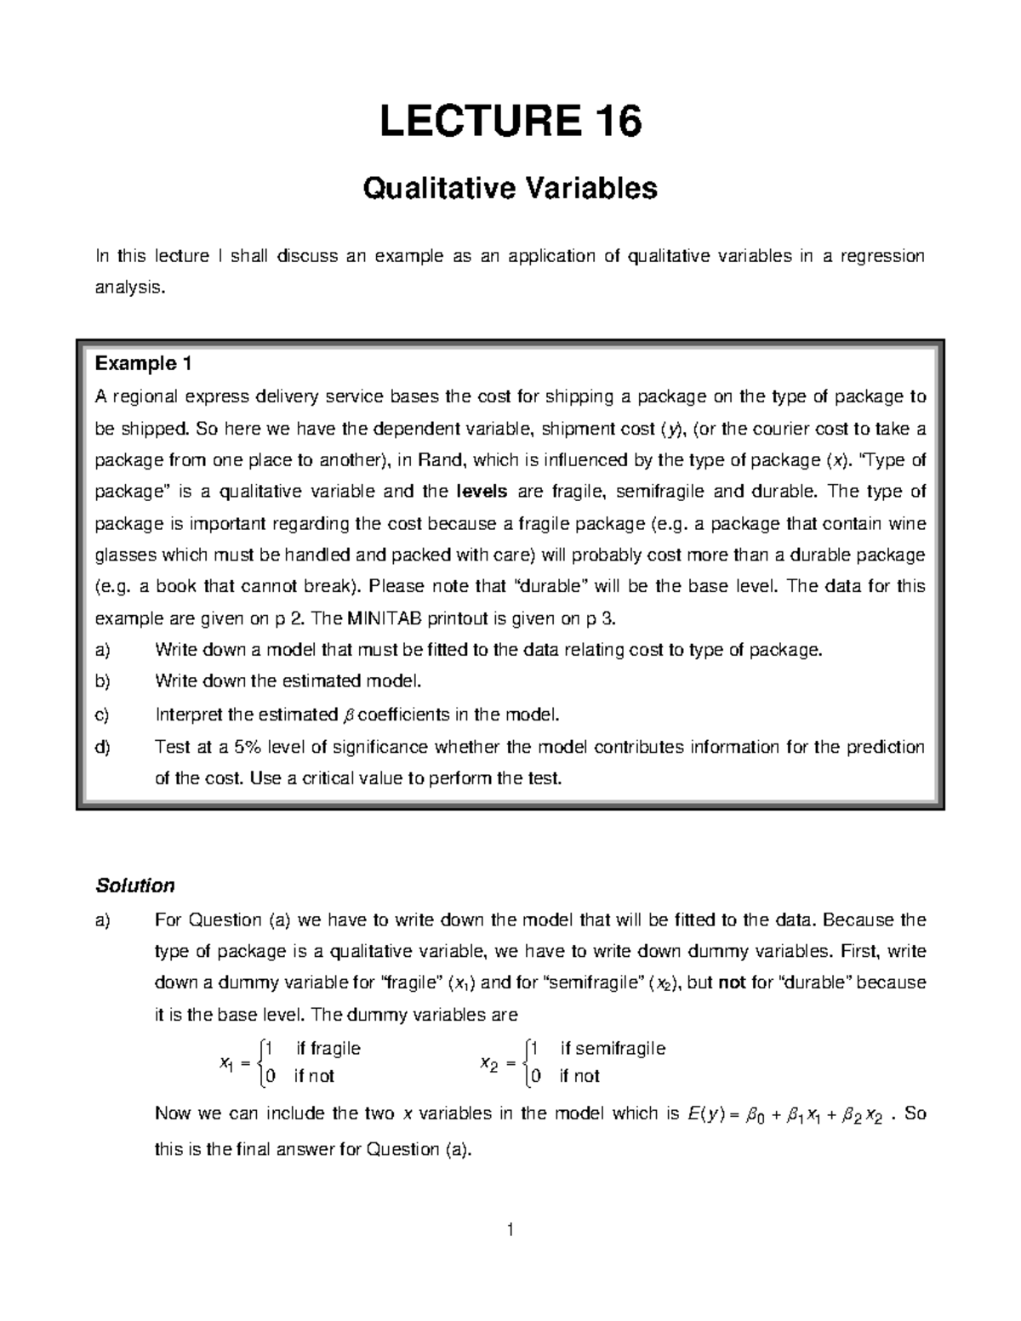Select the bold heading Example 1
(143, 364)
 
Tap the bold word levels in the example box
(482, 492)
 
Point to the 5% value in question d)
(248, 747)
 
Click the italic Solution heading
(134, 885)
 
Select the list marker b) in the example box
(103, 681)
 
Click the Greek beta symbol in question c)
(345, 715)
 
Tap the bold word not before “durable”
(732, 982)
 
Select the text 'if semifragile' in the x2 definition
(612, 1049)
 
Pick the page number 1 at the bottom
(510, 1229)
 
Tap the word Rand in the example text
(442, 460)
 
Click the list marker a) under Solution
(103, 920)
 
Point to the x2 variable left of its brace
(488, 1063)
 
